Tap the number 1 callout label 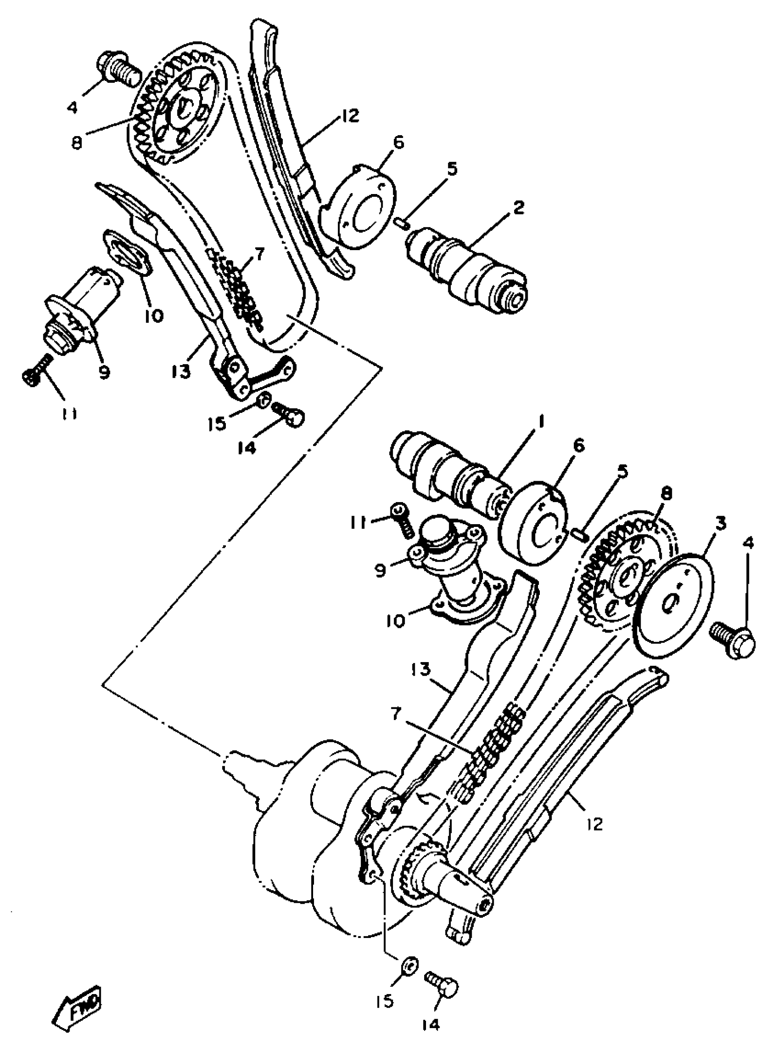coord(540,422)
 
